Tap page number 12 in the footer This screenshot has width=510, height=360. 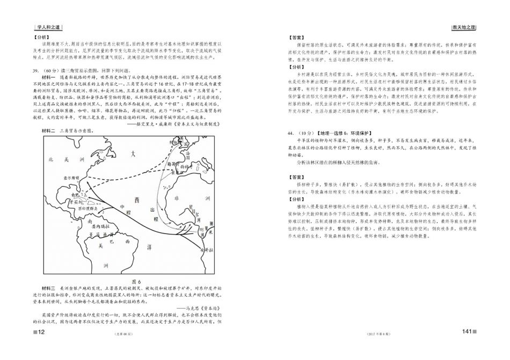click(x=38, y=331)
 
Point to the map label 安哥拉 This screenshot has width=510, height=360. click(x=205, y=250)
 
